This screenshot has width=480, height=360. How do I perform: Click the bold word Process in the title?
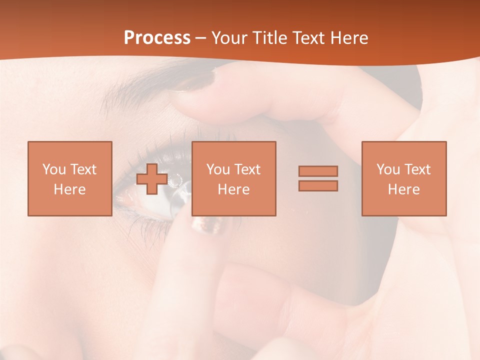[x=157, y=38]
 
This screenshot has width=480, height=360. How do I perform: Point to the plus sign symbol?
[x=152, y=178]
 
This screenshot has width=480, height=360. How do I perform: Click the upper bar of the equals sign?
[x=318, y=171]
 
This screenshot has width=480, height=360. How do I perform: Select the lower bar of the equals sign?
[x=318, y=185]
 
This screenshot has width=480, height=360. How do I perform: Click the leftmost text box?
[x=70, y=178]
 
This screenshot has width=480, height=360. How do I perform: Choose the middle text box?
[x=234, y=178]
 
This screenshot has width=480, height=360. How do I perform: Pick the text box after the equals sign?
[x=404, y=178]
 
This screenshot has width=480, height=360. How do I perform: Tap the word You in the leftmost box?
[x=53, y=169]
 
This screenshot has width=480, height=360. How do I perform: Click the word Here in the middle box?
[x=234, y=189]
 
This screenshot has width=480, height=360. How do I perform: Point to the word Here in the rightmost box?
[x=404, y=189]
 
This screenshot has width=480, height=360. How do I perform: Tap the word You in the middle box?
[x=217, y=169]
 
